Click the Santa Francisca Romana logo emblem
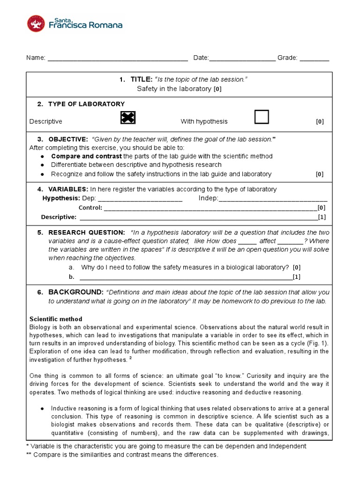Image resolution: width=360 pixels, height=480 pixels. click(37, 24)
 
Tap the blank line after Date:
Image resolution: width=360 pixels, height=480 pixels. click(242, 59)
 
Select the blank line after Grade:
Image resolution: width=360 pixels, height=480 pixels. click(314, 59)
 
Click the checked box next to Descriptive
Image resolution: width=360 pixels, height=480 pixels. click(128, 118)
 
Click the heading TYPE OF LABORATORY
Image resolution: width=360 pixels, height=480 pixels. click(86, 104)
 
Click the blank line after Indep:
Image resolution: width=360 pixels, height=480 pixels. click(273, 199)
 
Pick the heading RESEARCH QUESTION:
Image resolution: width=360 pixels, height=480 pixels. click(86, 232)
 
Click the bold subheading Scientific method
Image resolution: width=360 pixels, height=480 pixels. click(56, 319)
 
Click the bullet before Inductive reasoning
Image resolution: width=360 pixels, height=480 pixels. click(42, 408)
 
